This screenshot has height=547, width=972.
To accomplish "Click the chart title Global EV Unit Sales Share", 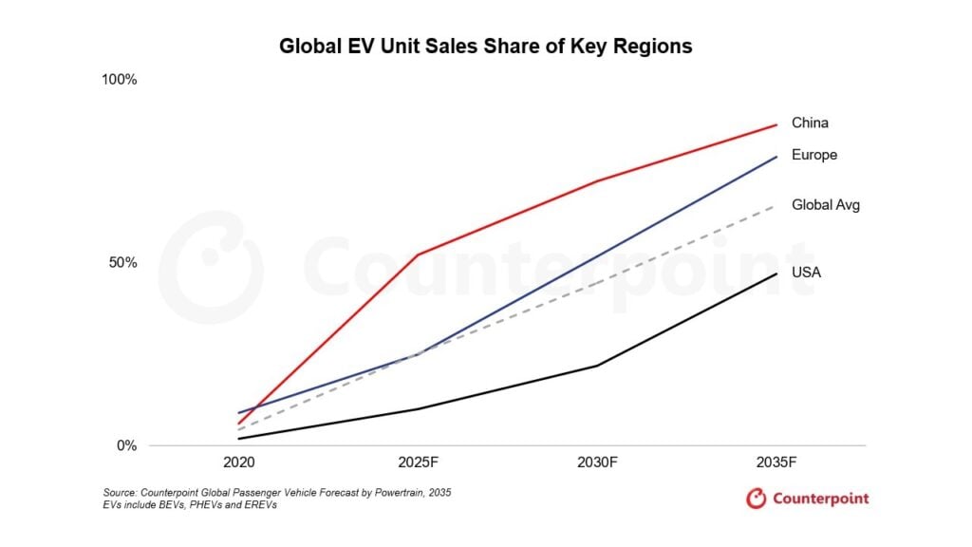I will (485, 47).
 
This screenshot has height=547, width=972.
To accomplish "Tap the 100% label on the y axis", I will (120, 80).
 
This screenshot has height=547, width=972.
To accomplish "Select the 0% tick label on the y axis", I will (126, 445).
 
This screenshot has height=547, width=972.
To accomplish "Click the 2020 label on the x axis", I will (239, 463).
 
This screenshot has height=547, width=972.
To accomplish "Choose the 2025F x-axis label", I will (419, 463).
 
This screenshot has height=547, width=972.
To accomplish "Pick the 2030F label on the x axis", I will (597, 463).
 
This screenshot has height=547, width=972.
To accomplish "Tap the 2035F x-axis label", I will (776, 463).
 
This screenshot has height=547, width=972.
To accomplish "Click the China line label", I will (810, 123).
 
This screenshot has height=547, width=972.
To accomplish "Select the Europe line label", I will (814, 155).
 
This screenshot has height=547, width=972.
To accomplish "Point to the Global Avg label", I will (826, 205).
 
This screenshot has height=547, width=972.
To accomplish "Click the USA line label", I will (806, 273).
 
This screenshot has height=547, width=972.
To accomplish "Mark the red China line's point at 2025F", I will (419, 255).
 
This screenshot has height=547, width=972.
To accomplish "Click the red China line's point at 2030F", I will (597, 180).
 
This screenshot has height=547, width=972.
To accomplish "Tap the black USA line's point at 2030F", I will (597, 365).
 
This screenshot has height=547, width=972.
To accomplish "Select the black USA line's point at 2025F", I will (419, 408).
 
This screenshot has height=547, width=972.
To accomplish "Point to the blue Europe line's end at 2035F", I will (776, 157).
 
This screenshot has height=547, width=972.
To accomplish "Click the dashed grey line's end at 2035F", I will (776, 206).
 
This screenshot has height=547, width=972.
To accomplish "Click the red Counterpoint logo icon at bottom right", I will (757, 499).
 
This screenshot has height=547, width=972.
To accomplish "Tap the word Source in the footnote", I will (121, 493).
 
